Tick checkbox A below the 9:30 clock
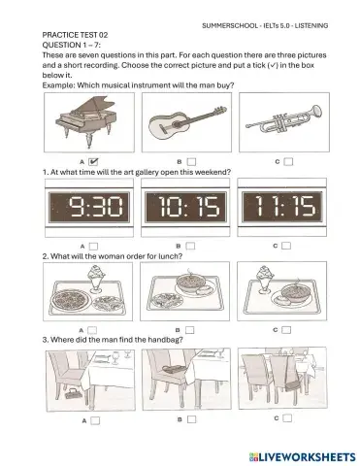point(93,247)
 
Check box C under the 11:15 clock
point(288,247)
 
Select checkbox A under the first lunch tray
point(93,329)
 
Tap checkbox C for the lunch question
point(288,329)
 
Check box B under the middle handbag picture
point(190,419)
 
